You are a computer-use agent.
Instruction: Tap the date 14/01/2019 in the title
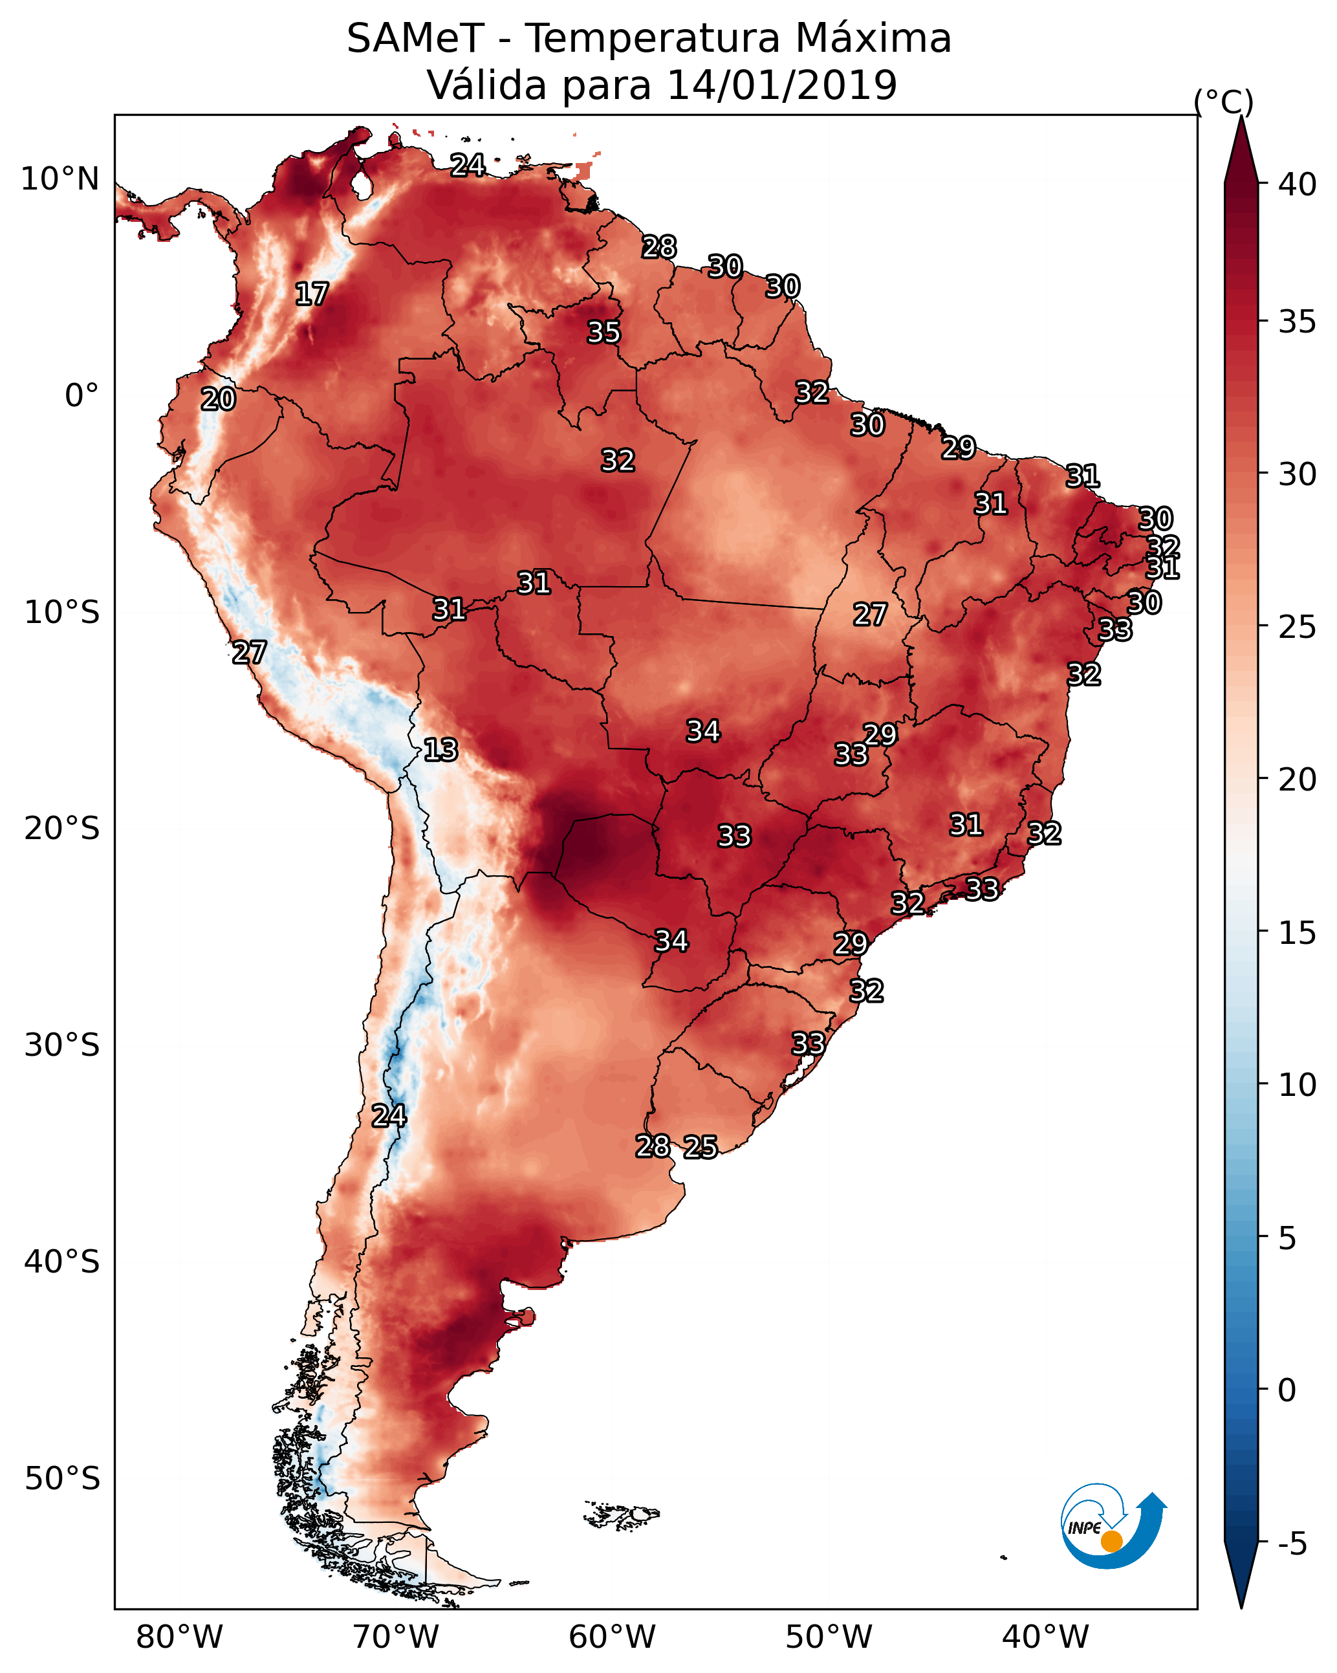pos(781,85)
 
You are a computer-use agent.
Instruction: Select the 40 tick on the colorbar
pos(1298,184)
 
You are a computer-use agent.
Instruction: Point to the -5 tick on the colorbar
pos(1292,1544)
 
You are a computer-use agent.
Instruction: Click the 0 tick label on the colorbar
pos(1287,1390)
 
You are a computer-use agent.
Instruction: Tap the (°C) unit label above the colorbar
pos(1223,102)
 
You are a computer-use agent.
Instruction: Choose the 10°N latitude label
pos(60,179)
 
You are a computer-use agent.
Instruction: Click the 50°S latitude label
pos(62,1479)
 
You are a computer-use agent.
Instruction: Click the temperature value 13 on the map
pos(440,750)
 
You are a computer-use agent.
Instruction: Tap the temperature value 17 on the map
pos(312,294)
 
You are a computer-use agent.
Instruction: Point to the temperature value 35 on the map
pos(603,332)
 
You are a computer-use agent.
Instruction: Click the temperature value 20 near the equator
pos(218,400)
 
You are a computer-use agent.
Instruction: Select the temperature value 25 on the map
pos(701,1147)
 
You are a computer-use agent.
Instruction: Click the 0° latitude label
pos(82,396)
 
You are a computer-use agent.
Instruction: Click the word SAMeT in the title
pos(415,39)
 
